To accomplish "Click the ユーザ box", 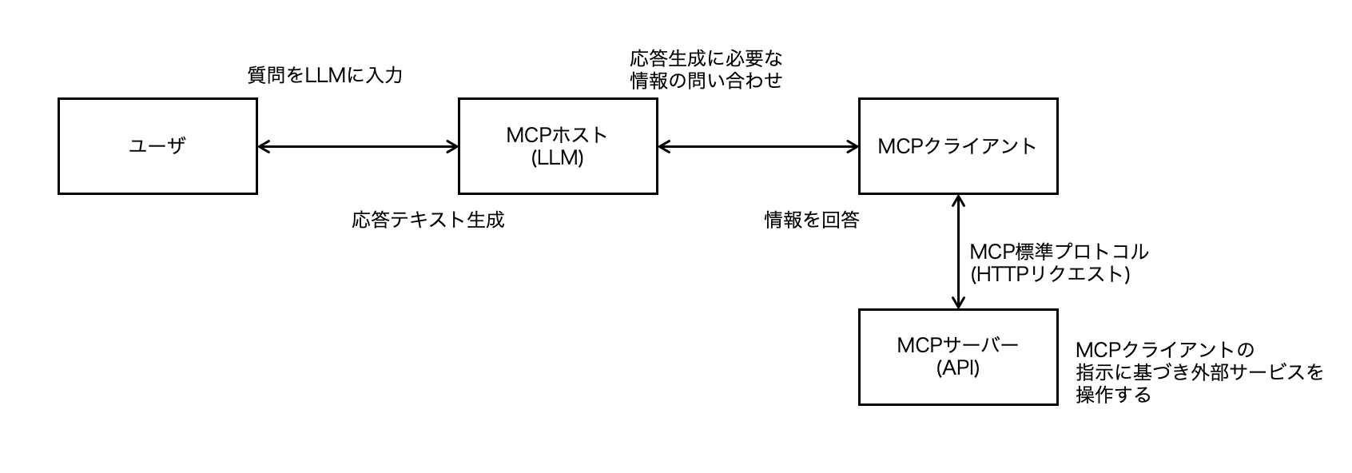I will click(x=157, y=146).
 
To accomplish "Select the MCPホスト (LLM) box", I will click(x=558, y=146).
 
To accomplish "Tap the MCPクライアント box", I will click(x=957, y=146).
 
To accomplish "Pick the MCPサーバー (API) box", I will click(x=957, y=357).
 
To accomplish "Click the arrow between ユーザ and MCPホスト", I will click(x=358, y=146).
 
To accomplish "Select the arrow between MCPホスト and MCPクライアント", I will click(x=758, y=146).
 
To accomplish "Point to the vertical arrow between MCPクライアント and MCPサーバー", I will click(x=958, y=251).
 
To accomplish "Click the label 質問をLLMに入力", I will click(x=324, y=76).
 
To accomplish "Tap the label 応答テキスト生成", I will click(x=427, y=220).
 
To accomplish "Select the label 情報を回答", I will click(x=811, y=220).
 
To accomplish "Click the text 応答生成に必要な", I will click(x=706, y=58).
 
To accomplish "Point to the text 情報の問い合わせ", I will click(x=706, y=81).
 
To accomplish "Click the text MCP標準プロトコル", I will click(x=1058, y=252).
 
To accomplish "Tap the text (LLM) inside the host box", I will click(x=558, y=158).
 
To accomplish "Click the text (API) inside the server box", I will click(x=957, y=369).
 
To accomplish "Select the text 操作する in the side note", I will click(x=1113, y=395).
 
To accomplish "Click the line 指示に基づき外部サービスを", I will click(x=1199, y=372).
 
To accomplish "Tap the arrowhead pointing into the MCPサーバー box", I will click(x=958, y=303).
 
